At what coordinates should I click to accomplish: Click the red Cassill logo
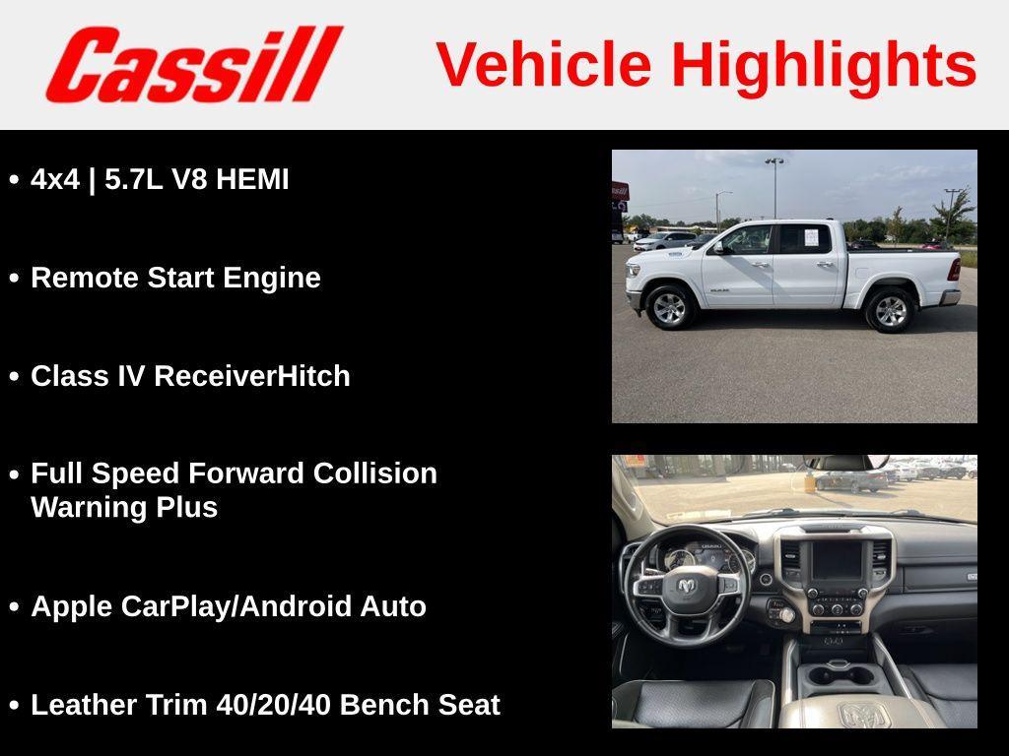click(x=194, y=64)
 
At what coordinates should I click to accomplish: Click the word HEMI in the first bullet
click(x=252, y=179)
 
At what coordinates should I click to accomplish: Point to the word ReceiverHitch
click(x=252, y=376)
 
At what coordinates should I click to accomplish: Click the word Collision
click(x=375, y=473)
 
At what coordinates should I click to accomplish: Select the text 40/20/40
click(x=273, y=705)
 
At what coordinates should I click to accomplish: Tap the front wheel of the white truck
click(x=669, y=308)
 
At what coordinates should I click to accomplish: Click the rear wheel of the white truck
click(x=891, y=310)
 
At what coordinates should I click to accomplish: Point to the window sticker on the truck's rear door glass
click(x=811, y=237)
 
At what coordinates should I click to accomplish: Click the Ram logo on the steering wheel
click(x=687, y=586)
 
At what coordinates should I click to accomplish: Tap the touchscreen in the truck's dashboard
click(x=837, y=560)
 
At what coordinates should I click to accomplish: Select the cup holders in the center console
click(x=840, y=675)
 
